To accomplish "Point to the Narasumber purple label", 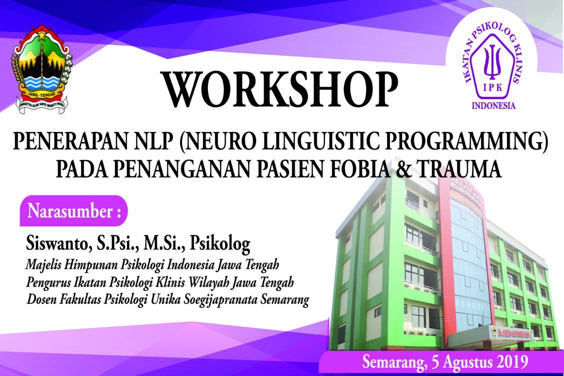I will [73, 211].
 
